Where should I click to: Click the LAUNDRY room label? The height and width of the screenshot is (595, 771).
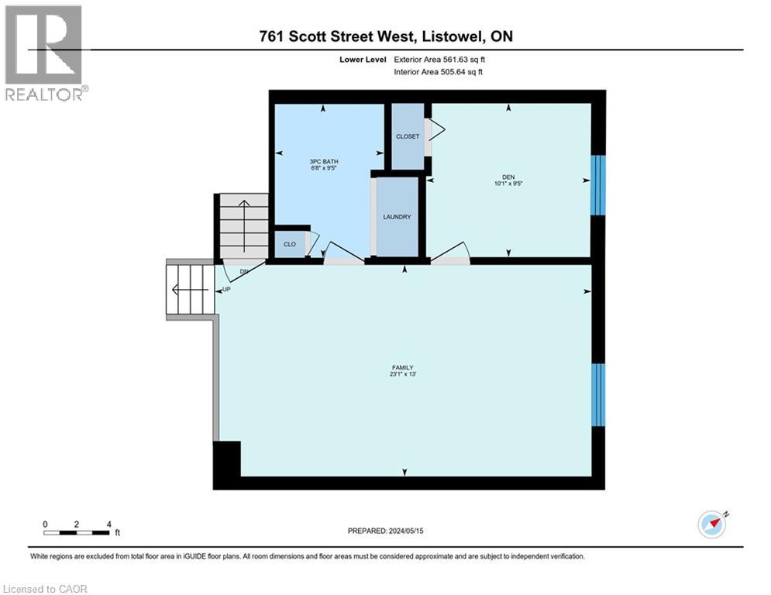click(x=397, y=217)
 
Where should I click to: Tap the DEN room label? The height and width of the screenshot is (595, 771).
click(x=508, y=177)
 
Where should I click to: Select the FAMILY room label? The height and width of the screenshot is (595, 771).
click(x=403, y=367)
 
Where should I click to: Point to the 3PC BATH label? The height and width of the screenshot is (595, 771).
click(x=324, y=161)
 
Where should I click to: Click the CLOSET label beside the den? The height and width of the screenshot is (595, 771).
click(x=408, y=136)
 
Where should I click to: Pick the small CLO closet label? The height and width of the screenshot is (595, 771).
click(x=290, y=244)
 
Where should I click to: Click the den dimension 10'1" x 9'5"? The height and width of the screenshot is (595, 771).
click(x=508, y=184)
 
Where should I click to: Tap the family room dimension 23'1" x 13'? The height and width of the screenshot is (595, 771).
click(x=403, y=374)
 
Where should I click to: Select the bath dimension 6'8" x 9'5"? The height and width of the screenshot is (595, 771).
click(x=324, y=168)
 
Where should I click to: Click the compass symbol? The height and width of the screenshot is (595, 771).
click(x=712, y=524)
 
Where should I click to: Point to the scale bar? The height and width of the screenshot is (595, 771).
click(x=77, y=532)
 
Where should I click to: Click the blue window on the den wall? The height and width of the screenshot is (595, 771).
click(x=598, y=185)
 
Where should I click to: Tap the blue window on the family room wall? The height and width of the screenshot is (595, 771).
click(x=598, y=395)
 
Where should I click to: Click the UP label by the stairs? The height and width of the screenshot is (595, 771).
click(x=226, y=290)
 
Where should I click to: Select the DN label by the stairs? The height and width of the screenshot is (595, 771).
click(x=244, y=271)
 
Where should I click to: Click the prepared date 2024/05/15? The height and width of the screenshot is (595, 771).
click(x=406, y=531)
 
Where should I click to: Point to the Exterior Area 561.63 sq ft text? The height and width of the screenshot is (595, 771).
click(x=439, y=60)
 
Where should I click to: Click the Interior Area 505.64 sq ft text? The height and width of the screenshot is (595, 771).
click(x=438, y=72)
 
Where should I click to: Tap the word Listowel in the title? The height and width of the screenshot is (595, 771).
click(x=452, y=36)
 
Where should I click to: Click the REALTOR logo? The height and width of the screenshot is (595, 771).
click(x=45, y=53)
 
